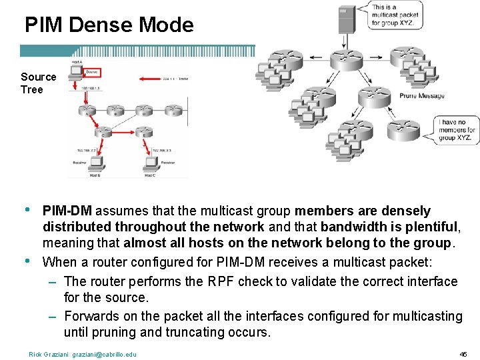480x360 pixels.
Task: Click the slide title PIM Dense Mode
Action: click(x=109, y=25)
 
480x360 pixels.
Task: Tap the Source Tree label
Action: click(x=38, y=83)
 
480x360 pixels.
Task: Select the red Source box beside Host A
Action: click(x=91, y=72)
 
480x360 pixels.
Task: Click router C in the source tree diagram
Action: click(x=102, y=134)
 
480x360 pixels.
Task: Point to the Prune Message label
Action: click(x=422, y=96)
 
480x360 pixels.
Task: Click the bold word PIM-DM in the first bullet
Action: click(x=65, y=211)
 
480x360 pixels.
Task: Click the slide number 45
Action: click(x=463, y=354)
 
